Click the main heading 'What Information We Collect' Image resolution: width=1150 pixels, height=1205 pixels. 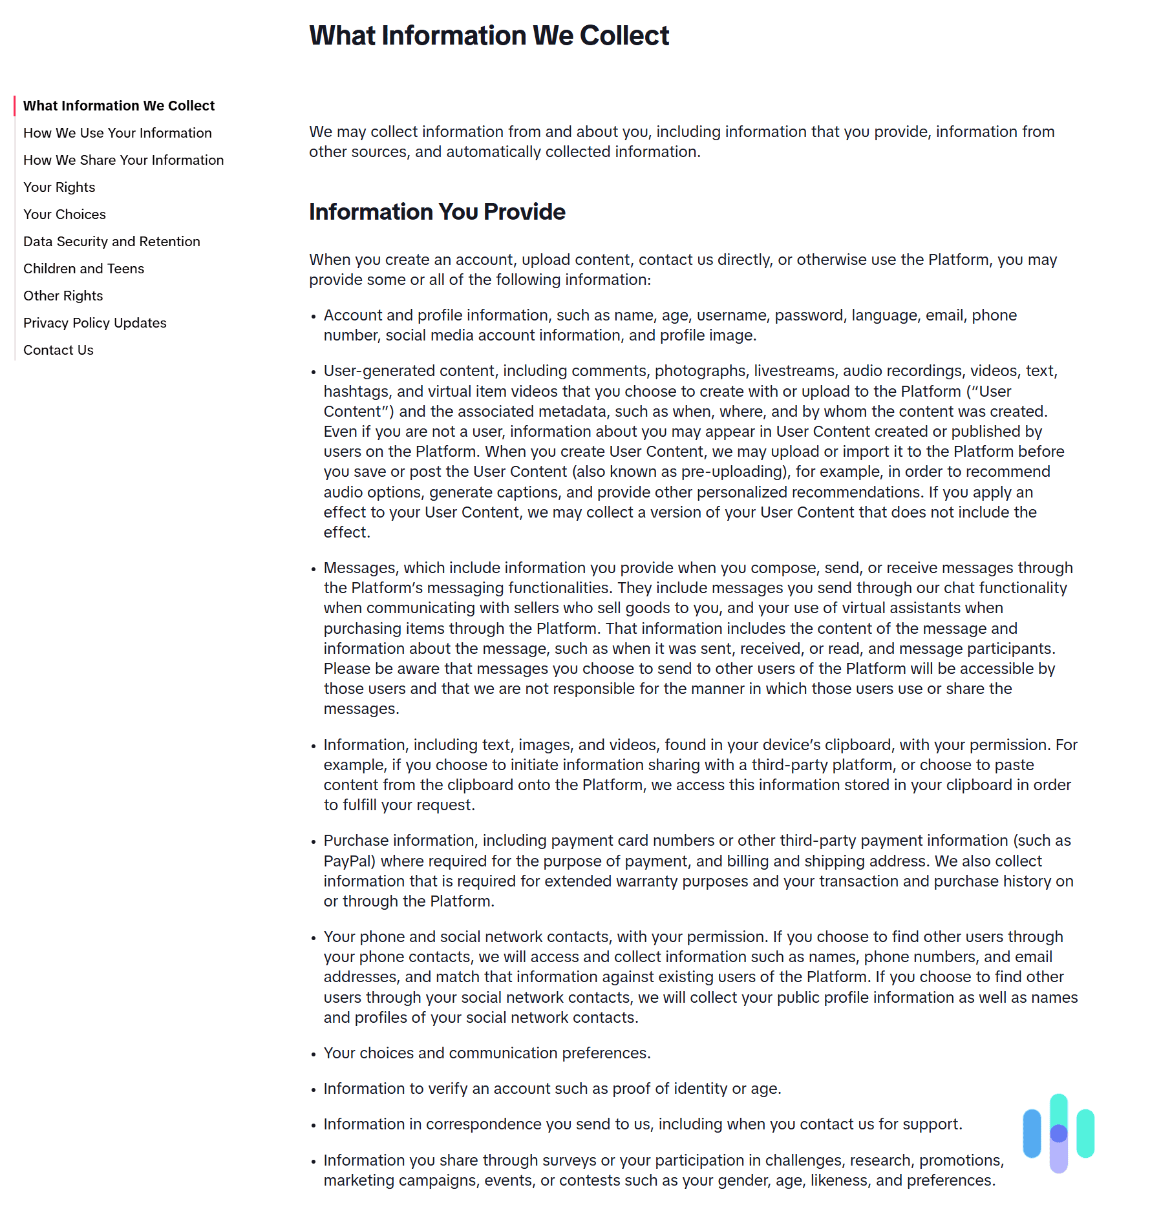coord(489,36)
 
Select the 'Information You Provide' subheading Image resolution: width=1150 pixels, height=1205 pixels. coord(437,212)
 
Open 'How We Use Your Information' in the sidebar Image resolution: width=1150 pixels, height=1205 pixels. coord(117,133)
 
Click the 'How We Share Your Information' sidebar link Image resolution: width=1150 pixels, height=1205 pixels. coord(123,160)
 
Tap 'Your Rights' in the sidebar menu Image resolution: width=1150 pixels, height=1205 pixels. coord(59,187)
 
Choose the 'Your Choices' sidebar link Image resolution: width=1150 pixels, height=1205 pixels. coord(65,215)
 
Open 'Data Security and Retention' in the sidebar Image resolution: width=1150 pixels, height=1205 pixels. coord(111,242)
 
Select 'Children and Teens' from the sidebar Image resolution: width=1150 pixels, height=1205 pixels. coord(83,269)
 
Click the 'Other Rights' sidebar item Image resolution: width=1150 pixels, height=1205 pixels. coord(63,296)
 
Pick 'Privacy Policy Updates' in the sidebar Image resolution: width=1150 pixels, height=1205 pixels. coord(94,323)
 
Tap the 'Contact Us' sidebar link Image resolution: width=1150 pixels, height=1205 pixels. coord(58,350)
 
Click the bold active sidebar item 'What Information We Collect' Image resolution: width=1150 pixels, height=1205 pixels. coord(119,106)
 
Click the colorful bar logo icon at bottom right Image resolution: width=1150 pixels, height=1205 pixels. coord(1058,1133)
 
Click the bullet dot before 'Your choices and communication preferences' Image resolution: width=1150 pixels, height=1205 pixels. coord(314,1054)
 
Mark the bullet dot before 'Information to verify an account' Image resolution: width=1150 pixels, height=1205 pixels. coord(314,1090)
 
